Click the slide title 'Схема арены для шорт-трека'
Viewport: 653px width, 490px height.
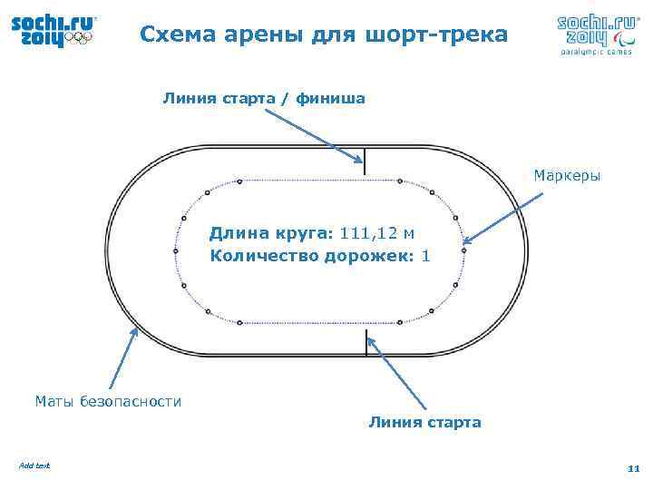325,34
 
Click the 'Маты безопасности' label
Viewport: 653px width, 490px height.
108,400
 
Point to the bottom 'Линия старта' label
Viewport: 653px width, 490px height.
424,422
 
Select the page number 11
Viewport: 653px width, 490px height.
633,468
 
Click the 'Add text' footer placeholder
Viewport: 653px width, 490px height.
34,465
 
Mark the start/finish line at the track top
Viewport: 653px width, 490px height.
365,161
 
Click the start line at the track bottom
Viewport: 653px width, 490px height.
366,342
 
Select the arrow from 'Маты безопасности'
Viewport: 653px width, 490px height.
124,358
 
